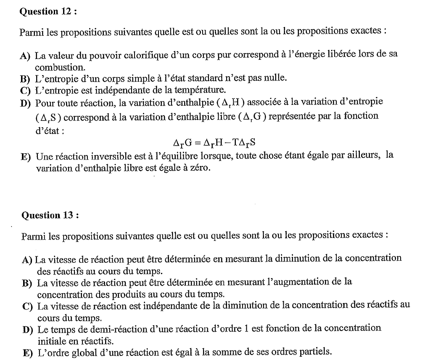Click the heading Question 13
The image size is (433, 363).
50,215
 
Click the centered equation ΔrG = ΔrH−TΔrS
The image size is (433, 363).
214,143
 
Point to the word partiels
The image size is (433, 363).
315,352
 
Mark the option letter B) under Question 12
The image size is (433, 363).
24,79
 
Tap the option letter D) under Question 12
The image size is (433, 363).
24,103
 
